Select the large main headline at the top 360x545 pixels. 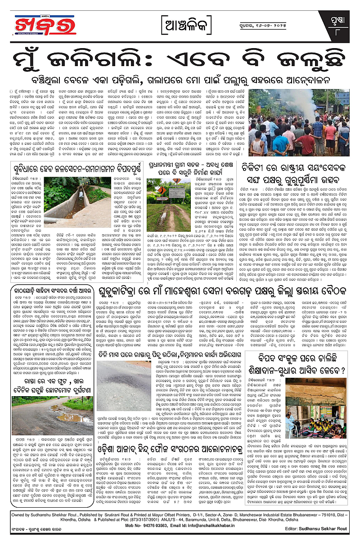click(180, 58)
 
